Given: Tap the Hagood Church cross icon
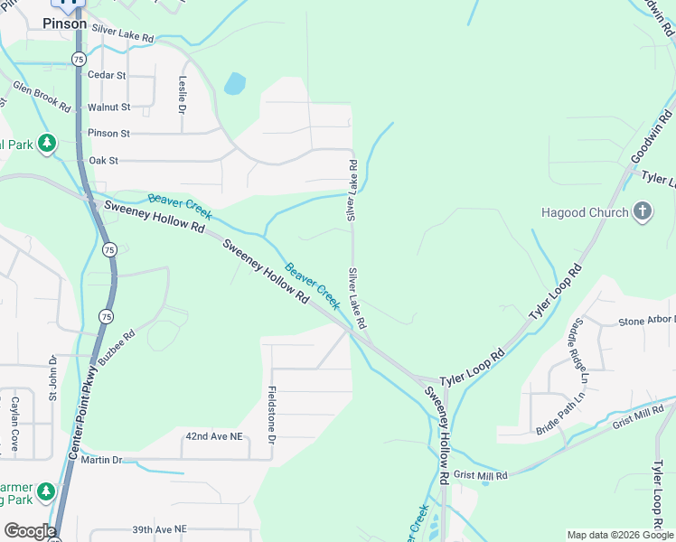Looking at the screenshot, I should tap(643, 213).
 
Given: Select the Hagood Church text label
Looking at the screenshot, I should tap(584, 213).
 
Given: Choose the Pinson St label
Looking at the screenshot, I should tap(108, 134).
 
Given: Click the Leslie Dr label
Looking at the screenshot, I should tap(183, 94).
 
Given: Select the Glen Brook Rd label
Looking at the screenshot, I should tap(42, 97).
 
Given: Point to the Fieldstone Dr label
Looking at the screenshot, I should tap(271, 416).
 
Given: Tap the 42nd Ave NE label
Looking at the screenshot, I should tap(214, 435).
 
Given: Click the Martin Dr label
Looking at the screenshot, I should tap(101, 460).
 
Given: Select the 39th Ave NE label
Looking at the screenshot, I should tap(159, 528).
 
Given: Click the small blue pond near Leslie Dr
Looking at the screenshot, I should tap(235, 84).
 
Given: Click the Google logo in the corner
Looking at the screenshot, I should tap(30, 531).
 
